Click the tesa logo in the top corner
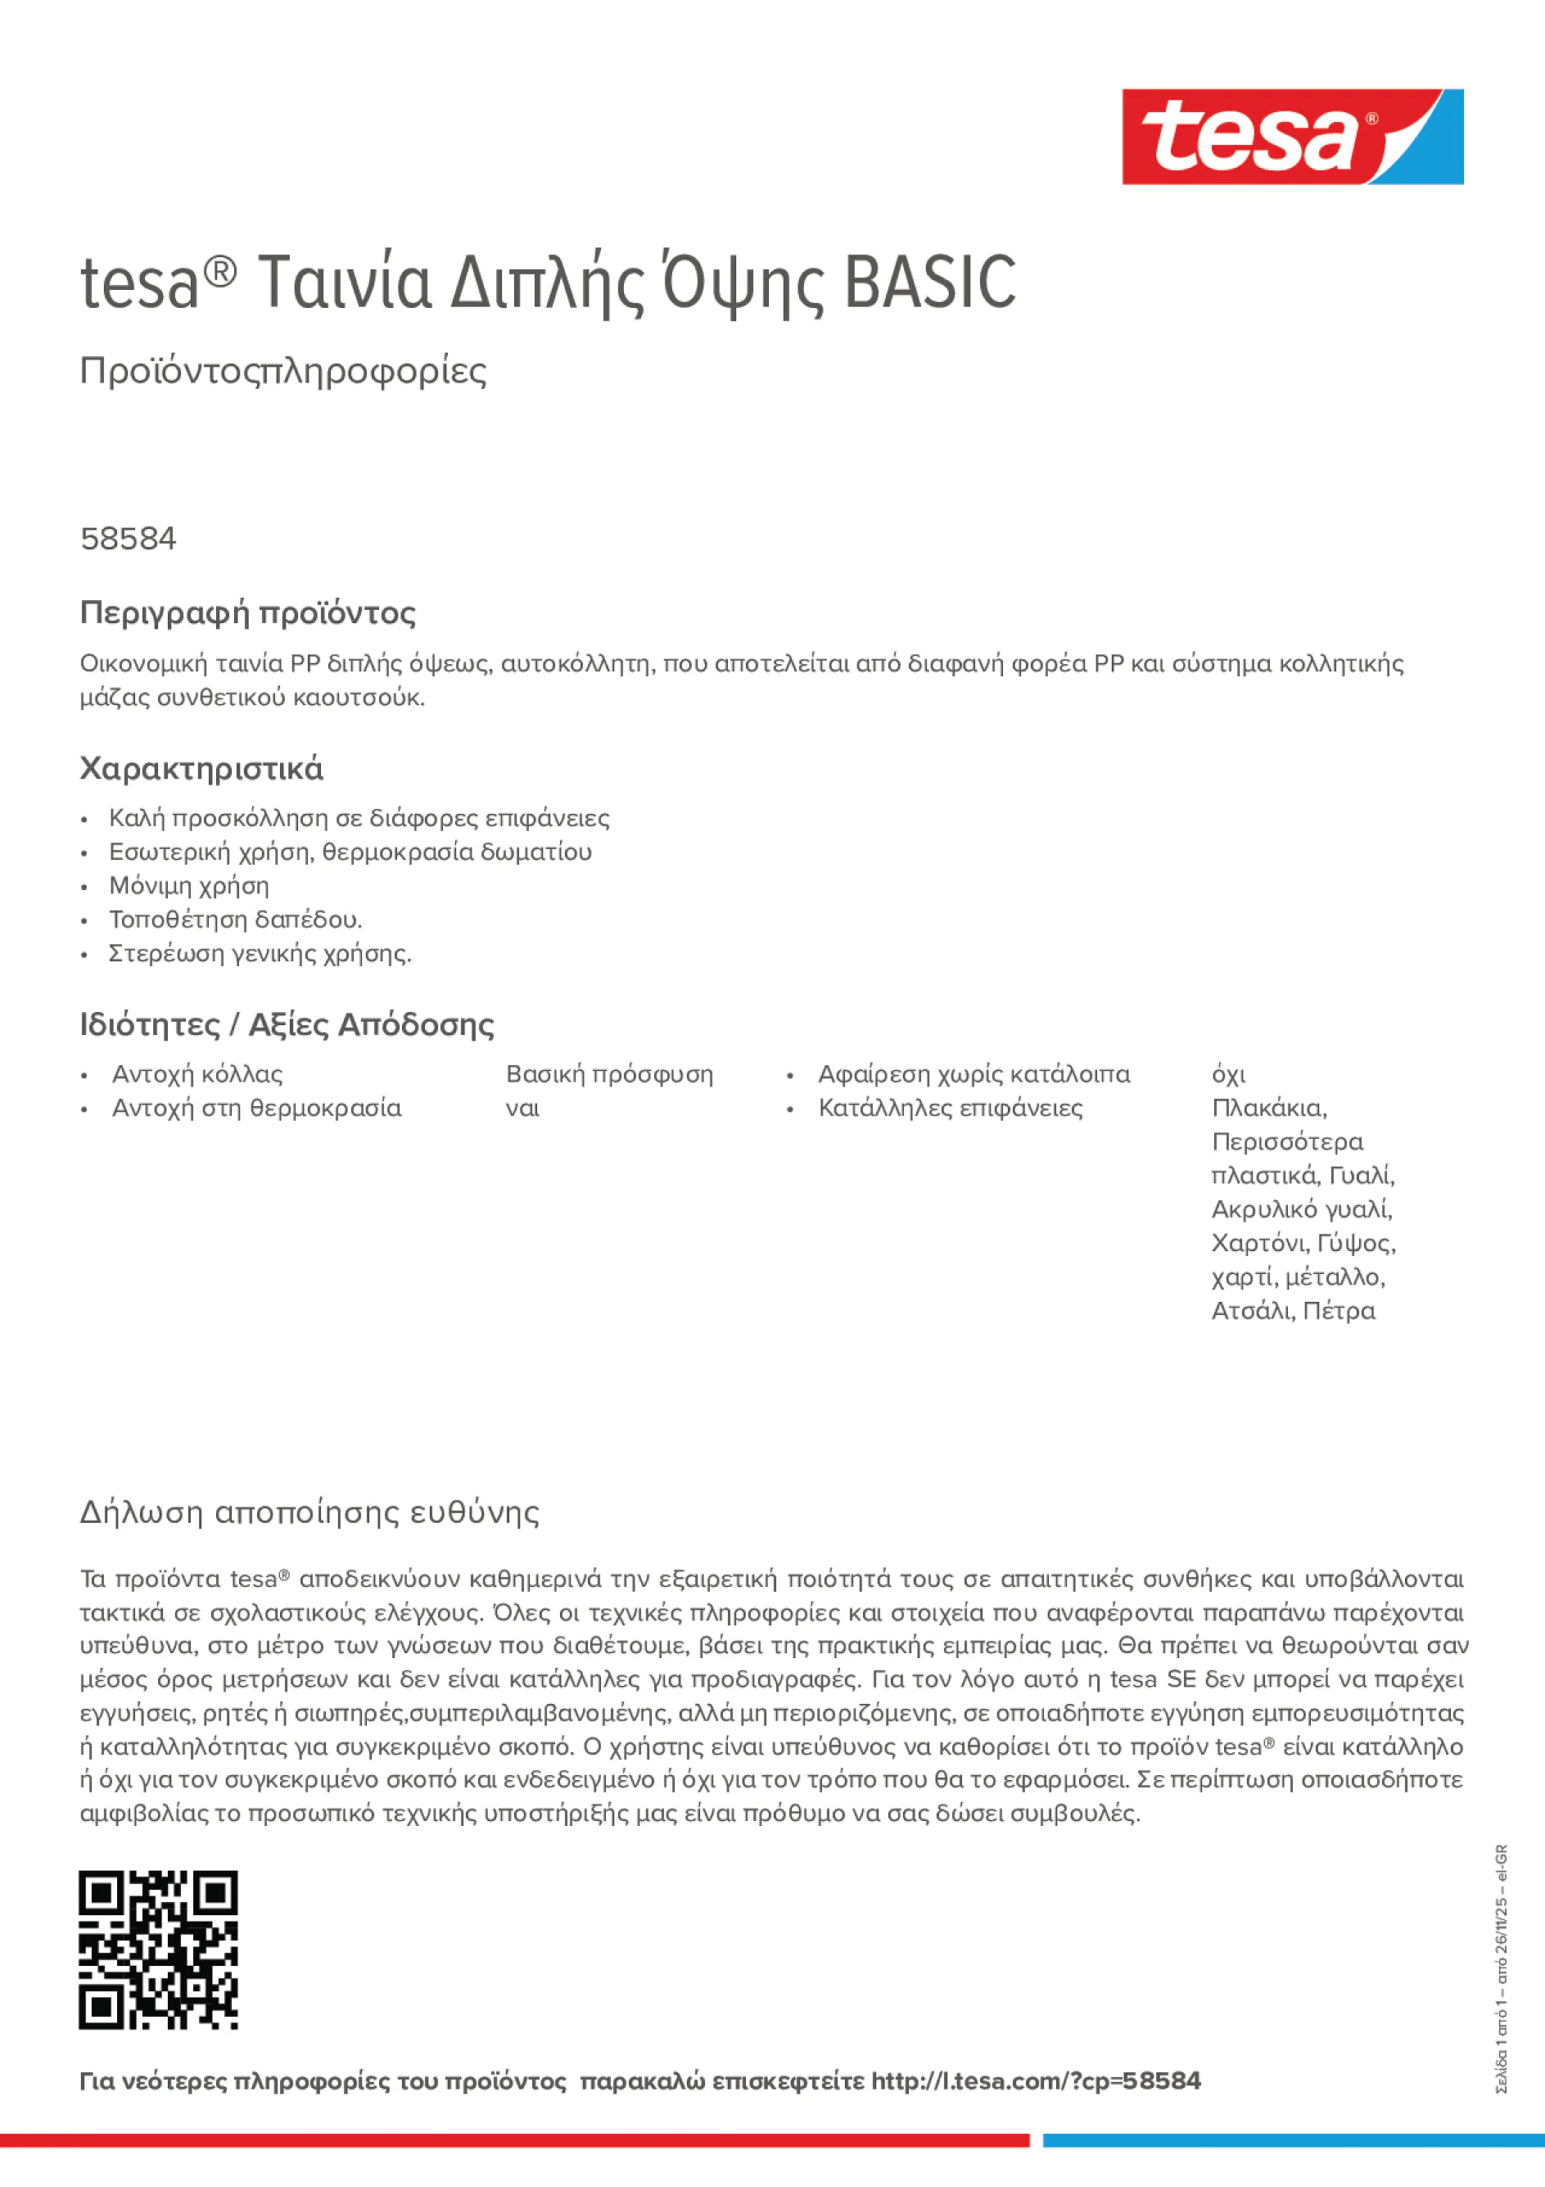click(x=1292, y=138)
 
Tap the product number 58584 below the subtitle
click(x=129, y=539)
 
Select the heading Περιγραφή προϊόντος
click(x=247, y=612)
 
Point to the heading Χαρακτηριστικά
click(x=201, y=769)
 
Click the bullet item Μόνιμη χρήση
click(x=188, y=886)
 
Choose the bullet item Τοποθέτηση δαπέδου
click(x=235, y=920)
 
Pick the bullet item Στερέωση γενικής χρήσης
click(x=260, y=953)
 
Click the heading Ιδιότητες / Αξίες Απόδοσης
click(x=287, y=1025)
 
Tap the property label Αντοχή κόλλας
click(x=197, y=1074)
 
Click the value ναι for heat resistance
click(x=522, y=1109)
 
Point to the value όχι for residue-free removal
click(x=1228, y=1075)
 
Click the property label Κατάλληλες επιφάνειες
click(x=950, y=1109)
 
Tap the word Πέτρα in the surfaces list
click(x=1339, y=1311)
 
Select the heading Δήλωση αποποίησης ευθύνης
click(x=309, y=1512)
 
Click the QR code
click(x=158, y=1950)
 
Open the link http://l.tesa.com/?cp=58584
click(x=1036, y=2081)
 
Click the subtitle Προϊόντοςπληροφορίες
click(x=283, y=371)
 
